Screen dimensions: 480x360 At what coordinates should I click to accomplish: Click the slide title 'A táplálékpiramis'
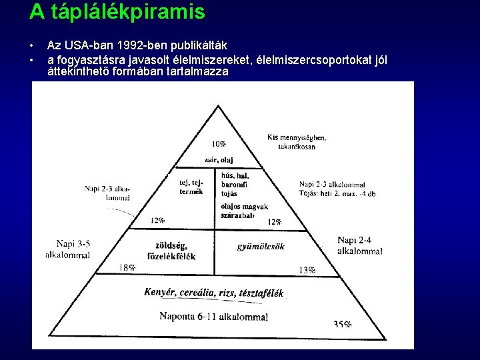117,12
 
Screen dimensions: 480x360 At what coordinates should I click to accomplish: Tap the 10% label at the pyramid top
219,144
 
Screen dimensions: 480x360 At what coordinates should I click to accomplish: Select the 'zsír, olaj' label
219,161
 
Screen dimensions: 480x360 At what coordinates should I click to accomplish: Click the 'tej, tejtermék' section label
191,187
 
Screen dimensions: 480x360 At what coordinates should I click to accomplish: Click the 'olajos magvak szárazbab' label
243,211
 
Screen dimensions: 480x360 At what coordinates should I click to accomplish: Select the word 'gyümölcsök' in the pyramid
261,247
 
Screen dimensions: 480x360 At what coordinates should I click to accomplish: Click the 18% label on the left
127,268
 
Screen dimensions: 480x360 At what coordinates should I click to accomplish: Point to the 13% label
307,270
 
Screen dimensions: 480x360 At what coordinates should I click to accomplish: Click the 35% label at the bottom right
343,325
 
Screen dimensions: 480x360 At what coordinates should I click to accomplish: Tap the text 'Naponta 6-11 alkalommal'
213,316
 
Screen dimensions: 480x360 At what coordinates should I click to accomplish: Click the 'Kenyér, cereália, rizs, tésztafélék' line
213,293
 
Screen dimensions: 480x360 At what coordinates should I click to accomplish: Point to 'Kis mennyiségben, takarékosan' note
297,142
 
